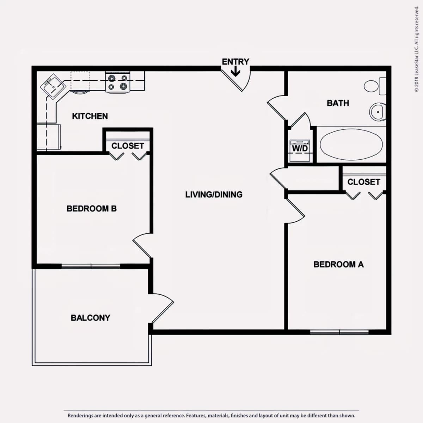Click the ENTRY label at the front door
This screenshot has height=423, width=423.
point(235,62)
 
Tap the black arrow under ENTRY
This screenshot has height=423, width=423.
point(235,72)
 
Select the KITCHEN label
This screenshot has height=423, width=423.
point(90,116)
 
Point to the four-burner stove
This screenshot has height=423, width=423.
point(118,82)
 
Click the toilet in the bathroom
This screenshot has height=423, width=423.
point(375,86)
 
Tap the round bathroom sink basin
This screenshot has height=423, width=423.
point(378,112)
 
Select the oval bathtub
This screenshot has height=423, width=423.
point(351,144)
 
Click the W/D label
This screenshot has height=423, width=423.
point(300,148)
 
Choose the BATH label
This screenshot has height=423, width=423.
point(338,103)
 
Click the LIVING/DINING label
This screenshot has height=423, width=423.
point(214,195)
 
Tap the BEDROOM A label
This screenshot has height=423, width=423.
point(338,264)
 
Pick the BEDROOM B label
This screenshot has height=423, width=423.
point(92,209)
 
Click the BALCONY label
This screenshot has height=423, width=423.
point(91,318)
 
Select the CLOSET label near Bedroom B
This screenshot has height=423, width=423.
point(128,146)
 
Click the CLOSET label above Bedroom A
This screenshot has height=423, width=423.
point(364,182)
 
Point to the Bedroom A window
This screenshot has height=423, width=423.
point(339,332)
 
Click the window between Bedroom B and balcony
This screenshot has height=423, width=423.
point(91,266)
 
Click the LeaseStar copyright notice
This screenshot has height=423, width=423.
point(416,49)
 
